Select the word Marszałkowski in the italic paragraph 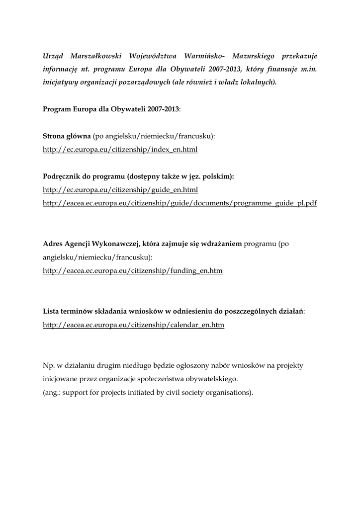pos(97,56)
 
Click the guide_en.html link pos(121,190)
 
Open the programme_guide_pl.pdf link pos(180,203)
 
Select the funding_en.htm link pos(133,271)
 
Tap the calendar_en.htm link pos(134,325)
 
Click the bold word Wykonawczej pos(113,244)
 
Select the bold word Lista pos(52,312)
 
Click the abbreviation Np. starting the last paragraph pos(49,366)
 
